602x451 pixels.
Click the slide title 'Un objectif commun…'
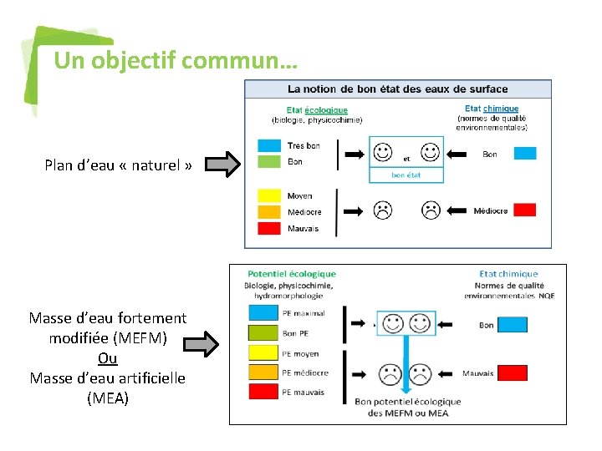[x=175, y=61]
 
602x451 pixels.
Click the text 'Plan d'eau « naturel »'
[x=118, y=165]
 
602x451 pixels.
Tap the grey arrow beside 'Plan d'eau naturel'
[x=222, y=165]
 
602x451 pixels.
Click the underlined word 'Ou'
[x=107, y=357]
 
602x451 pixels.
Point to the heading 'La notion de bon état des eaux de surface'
[x=397, y=89]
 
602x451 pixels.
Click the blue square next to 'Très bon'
[x=269, y=146]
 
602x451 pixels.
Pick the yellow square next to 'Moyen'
[x=269, y=196]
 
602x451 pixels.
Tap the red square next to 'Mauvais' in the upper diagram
[x=269, y=228]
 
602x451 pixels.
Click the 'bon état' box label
[x=406, y=175]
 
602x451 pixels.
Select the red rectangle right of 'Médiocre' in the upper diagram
[x=524, y=210]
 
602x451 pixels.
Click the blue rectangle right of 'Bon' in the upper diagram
[x=524, y=154]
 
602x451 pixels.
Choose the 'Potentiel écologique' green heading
[x=292, y=274]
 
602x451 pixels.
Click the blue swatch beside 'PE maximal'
[x=262, y=314]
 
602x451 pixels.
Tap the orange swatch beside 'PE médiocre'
[x=262, y=372]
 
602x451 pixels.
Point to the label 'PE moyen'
[x=301, y=353]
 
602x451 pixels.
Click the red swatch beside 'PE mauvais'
[x=262, y=392]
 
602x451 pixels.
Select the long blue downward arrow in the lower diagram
[x=406, y=359]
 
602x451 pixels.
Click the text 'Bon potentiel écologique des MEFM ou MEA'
[x=407, y=407]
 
